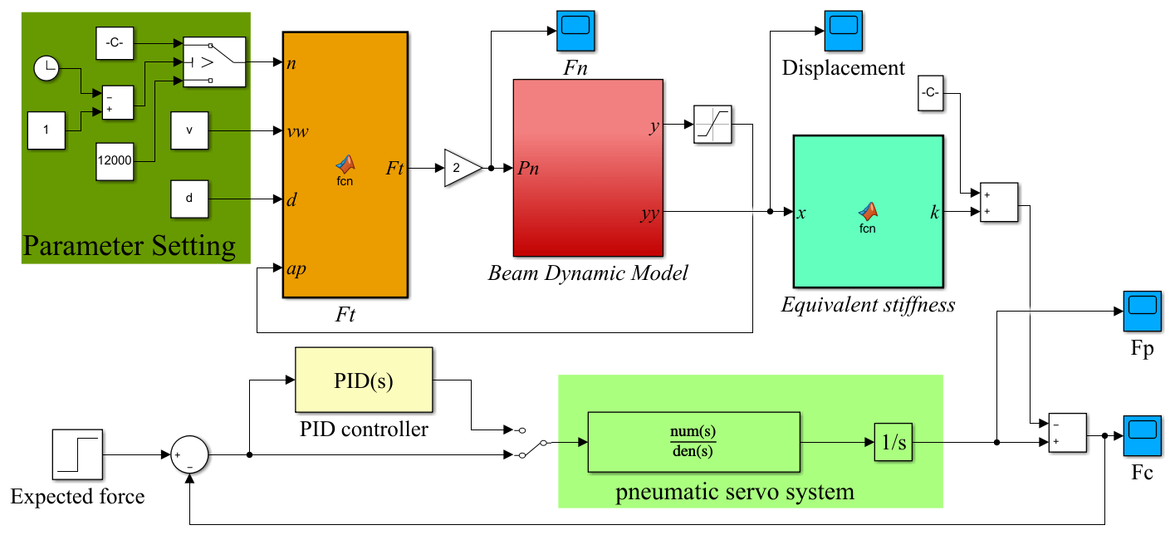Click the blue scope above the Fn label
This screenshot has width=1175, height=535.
(575, 31)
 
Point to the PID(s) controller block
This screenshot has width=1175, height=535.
(364, 380)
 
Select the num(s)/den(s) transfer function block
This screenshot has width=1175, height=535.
(693, 442)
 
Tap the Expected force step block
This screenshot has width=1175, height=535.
(77, 454)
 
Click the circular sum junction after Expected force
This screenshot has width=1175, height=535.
(190, 455)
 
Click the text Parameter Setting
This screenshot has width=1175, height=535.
(130, 246)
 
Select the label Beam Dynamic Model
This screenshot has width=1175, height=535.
(588, 272)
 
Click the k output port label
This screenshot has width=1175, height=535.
(934, 213)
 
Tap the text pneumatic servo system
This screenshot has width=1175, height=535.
(735, 492)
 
